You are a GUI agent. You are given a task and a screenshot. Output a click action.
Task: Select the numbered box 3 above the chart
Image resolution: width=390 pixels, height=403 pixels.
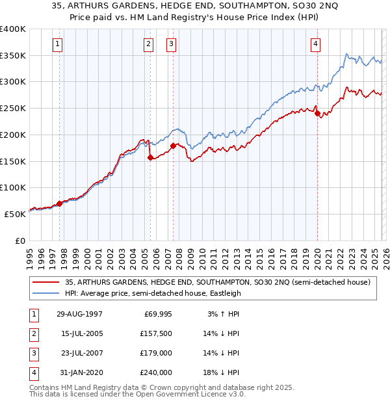coord(172,44)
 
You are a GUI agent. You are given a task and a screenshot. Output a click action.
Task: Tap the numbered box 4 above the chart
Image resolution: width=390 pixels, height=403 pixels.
coord(315,44)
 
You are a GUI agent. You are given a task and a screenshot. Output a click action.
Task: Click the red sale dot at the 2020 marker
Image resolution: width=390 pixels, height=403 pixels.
coord(317,114)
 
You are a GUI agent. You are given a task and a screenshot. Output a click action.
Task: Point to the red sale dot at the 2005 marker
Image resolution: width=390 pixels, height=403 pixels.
coord(150,157)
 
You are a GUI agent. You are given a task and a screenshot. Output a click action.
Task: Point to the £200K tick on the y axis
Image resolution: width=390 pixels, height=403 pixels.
coord(13,135)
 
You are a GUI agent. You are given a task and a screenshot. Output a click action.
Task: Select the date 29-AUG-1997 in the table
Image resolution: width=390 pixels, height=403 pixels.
coord(79,314)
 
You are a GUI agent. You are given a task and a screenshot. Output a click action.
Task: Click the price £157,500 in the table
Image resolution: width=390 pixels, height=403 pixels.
coord(156,333)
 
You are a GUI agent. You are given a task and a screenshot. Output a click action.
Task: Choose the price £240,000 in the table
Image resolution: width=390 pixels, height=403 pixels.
coord(156,372)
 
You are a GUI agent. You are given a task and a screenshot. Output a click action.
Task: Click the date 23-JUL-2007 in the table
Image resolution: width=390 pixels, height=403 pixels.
coord(78,353)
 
